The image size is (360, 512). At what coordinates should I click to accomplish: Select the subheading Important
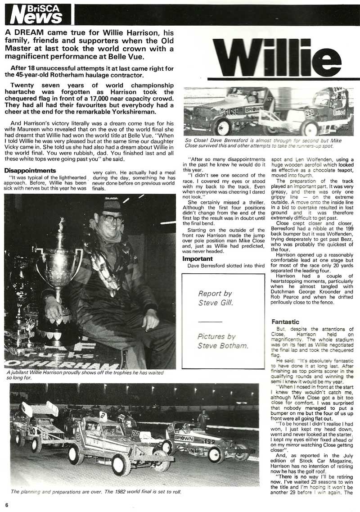click(x=198, y=259)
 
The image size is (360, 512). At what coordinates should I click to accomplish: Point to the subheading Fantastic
click(x=285, y=322)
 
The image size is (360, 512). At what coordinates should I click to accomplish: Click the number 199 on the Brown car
click(x=208, y=442)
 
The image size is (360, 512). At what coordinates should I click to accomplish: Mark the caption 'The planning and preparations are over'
click(x=96, y=491)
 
